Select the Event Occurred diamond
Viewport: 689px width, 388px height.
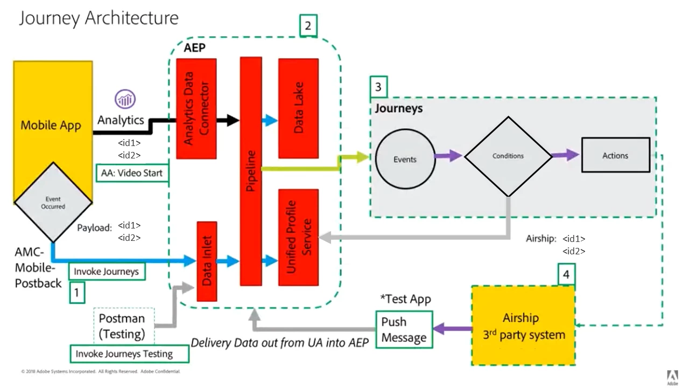[53, 203]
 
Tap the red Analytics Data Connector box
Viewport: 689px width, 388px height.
[196, 108]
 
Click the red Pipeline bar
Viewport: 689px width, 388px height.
[250, 171]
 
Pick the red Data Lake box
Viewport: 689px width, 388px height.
[298, 108]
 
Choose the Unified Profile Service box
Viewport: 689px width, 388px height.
[298, 237]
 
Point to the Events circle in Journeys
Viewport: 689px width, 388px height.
[405, 160]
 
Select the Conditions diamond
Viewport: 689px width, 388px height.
[508, 156]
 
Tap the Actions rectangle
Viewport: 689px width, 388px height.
[615, 155]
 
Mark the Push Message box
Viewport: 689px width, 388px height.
[404, 329]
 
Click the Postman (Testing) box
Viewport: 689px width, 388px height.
[123, 326]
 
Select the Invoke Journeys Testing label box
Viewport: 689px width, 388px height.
[130, 354]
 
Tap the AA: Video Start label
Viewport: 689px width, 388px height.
[132, 174]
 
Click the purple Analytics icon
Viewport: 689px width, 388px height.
[125, 99]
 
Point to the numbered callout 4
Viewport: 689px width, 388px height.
[566, 275]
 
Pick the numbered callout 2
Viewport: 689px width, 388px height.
[308, 25]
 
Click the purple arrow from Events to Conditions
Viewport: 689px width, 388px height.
[448, 156]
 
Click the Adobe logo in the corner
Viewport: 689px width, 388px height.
[672, 377]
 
